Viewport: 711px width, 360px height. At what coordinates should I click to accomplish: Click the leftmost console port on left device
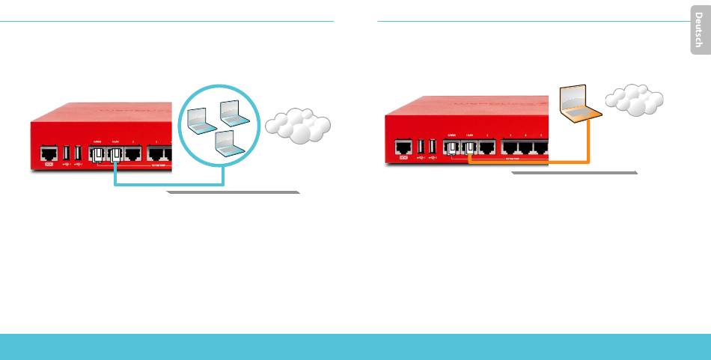tap(49, 154)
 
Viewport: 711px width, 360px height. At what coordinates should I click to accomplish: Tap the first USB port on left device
tap(66, 153)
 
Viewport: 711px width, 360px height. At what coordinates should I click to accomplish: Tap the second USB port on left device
tap(77, 153)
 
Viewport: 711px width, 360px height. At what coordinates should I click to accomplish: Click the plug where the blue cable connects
tap(115, 156)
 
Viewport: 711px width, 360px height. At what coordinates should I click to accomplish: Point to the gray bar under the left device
tap(232, 192)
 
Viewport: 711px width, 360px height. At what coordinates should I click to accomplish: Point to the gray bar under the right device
tap(574, 173)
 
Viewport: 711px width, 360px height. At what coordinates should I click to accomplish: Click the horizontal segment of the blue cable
tap(168, 184)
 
